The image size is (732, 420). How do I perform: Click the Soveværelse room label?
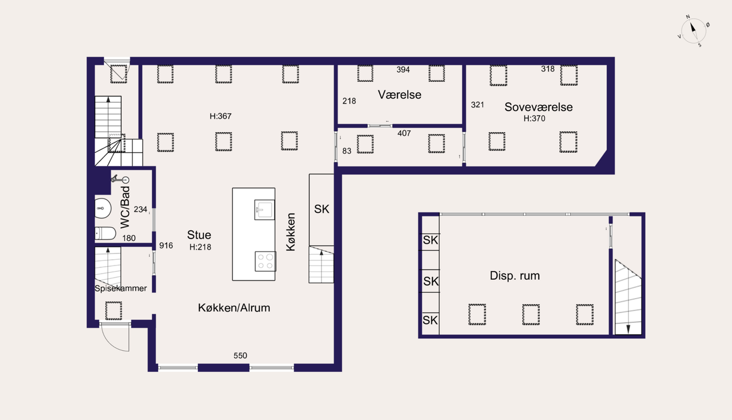click(539, 107)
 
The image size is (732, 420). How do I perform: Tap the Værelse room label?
click(399, 94)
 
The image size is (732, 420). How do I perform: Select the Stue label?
click(199, 235)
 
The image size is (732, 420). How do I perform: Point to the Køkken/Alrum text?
click(234, 308)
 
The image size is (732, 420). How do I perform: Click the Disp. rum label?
click(515, 276)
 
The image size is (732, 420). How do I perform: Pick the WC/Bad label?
click(125, 207)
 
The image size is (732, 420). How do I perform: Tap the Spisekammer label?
click(121, 288)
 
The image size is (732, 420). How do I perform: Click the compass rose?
click(694, 31)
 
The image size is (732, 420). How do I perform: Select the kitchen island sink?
click(264, 209)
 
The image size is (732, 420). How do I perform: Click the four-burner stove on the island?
click(265, 261)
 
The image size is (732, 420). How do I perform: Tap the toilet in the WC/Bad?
click(105, 233)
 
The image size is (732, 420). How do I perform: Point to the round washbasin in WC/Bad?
click(102, 208)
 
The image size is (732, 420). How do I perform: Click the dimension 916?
click(166, 245)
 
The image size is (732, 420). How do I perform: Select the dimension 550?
click(240, 355)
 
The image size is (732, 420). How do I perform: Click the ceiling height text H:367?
click(221, 116)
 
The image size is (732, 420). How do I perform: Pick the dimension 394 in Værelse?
click(403, 69)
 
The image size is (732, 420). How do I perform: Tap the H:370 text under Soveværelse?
click(534, 118)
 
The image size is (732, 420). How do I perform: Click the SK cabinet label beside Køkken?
click(321, 209)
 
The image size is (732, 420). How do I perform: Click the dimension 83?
click(347, 151)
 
